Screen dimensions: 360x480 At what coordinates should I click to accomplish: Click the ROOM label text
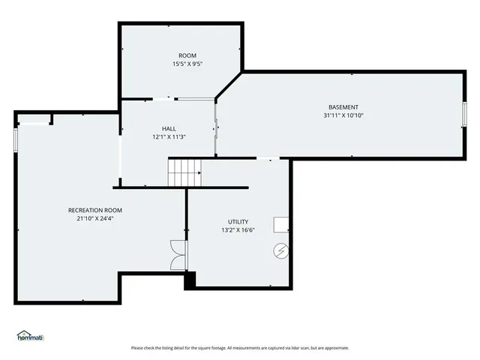coord(187,55)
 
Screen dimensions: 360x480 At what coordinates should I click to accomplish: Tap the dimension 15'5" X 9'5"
coord(187,64)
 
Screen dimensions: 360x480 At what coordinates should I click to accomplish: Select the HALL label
coord(169,128)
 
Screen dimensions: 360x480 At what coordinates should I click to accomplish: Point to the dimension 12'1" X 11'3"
coord(169,136)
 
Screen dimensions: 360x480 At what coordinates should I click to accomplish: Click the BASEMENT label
coord(343,107)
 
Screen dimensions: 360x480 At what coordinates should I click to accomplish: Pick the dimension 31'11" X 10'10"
coord(343,115)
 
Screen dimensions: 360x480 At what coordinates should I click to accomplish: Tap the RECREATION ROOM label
coord(95,210)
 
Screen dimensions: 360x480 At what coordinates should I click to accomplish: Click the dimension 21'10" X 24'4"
coord(95,218)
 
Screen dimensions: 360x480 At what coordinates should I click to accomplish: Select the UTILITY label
coord(238,222)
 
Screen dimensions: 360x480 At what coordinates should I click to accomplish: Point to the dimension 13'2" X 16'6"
coord(238,230)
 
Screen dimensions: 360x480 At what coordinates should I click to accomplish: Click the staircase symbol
coord(184,173)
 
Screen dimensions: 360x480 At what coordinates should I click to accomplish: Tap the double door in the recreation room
coord(178,254)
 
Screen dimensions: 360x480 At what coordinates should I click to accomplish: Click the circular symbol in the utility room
coord(281,250)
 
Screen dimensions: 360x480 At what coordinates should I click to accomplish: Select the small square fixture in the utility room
coord(282,224)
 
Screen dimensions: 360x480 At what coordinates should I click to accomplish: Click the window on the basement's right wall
coord(465,114)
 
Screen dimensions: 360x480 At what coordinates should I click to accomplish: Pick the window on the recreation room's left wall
coord(16,139)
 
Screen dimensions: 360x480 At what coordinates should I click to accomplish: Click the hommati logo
coord(30,335)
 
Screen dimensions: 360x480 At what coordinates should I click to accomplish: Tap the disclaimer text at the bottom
coord(240,347)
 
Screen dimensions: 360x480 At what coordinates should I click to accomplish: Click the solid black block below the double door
coord(190,279)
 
